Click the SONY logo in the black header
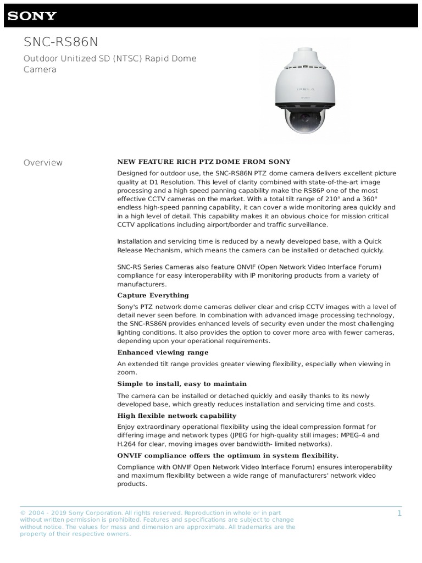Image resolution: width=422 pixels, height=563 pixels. tap(32, 15)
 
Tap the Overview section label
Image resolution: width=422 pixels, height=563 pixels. tap(43, 163)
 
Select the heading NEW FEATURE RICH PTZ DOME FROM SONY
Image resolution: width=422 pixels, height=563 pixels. tap(204, 162)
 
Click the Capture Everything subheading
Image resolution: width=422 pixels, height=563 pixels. tap(153, 295)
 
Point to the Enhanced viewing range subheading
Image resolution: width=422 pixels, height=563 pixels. tap(163, 352)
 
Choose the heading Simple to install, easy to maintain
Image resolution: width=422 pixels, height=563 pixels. tap(182, 384)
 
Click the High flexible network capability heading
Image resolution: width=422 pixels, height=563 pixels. tap(177, 416)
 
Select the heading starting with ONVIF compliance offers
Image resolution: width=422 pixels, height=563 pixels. tap(227, 455)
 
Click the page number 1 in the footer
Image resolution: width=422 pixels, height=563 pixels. tap(399, 514)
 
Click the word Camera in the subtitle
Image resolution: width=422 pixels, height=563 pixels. tap(40, 70)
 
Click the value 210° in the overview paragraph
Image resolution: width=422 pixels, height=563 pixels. tap(318, 199)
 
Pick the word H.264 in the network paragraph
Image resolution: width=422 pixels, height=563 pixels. tap(128, 444)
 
